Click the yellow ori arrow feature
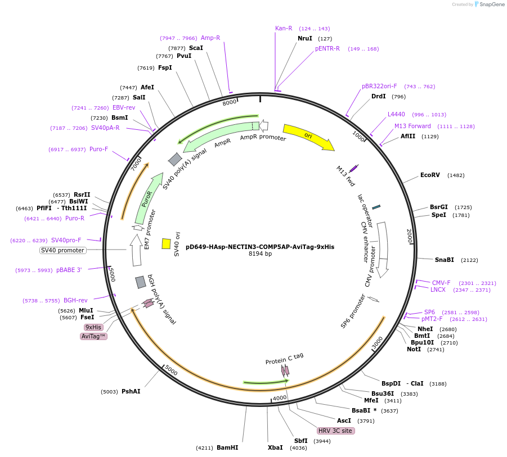click(x=308, y=137)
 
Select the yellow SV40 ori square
click(x=166, y=243)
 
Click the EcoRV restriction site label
click(x=430, y=175)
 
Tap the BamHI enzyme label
click(x=227, y=448)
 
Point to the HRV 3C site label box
click(x=335, y=431)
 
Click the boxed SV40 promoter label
click(x=62, y=250)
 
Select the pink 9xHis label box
click(x=93, y=327)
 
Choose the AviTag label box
click(x=94, y=336)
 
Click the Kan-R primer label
click(x=284, y=28)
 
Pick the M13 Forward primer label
click(x=412, y=126)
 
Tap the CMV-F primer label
click(x=441, y=283)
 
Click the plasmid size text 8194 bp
click(x=260, y=254)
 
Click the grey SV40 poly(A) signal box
click(x=175, y=160)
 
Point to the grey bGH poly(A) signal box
click(x=141, y=282)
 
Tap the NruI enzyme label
click(x=305, y=39)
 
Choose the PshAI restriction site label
click(x=131, y=391)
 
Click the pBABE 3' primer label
click(x=69, y=270)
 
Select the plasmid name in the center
click(x=260, y=246)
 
